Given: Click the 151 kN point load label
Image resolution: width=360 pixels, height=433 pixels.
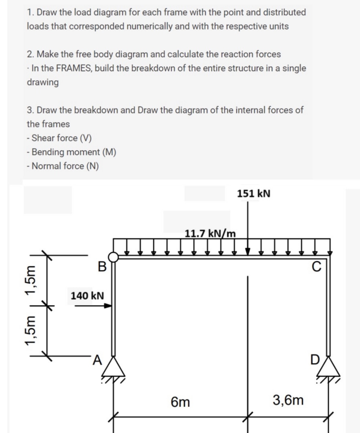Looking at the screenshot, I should pyautogui.click(x=254, y=193).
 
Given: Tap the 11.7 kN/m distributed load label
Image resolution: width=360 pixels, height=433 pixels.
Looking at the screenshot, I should pyautogui.click(x=210, y=233).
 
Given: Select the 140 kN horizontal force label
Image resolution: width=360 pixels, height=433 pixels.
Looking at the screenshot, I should pyautogui.click(x=87, y=295).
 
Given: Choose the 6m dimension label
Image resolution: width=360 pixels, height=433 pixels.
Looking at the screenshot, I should pyautogui.click(x=180, y=402).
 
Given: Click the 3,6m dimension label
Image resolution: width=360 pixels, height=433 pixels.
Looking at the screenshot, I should pyautogui.click(x=288, y=400).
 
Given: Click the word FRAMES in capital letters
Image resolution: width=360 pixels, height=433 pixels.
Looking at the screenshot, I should pyautogui.click(x=72, y=68).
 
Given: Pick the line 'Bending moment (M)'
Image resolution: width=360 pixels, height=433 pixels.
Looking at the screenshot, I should pyautogui.click(x=71, y=152).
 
